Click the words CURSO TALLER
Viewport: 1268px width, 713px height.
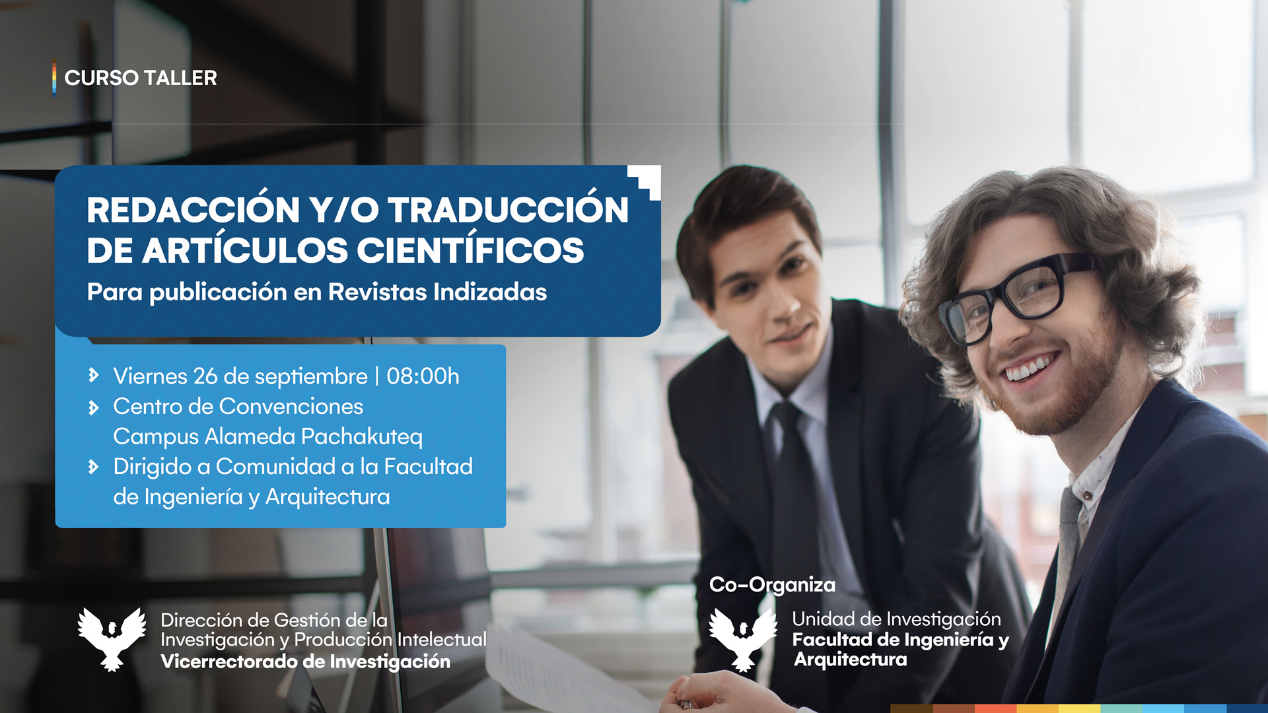pos(141,78)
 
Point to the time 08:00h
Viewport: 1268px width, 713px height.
pos(423,376)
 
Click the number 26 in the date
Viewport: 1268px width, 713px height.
pos(205,376)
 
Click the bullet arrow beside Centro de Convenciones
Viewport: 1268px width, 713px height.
pos(94,408)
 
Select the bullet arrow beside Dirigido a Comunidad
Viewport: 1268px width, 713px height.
pos(94,467)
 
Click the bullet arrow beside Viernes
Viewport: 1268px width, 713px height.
pos(94,376)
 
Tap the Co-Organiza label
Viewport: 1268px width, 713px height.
pos(772,585)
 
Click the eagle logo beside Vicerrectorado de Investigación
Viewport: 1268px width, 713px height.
pos(112,639)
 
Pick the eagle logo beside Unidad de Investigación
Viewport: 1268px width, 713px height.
pos(743,639)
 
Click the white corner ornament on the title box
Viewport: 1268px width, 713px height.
pos(646,180)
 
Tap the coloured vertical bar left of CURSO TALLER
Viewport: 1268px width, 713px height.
pos(54,79)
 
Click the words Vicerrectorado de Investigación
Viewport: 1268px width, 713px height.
pos(306,662)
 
